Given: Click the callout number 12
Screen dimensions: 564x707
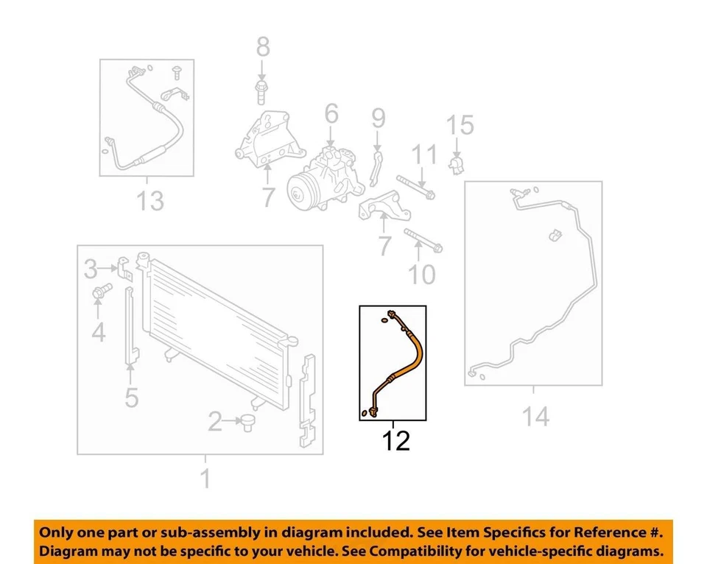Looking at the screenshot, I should (x=395, y=442).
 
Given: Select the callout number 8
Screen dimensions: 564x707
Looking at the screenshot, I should (x=263, y=49).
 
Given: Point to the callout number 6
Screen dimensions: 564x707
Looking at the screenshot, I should (x=331, y=113).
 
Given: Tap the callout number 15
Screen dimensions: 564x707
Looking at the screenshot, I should (x=460, y=125).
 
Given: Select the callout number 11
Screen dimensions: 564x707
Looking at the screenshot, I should (x=423, y=155).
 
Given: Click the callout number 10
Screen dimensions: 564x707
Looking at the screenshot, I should (x=422, y=275).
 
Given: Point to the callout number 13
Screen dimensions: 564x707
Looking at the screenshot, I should (x=150, y=200).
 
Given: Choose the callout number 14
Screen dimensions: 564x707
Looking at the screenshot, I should (x=535, y=417).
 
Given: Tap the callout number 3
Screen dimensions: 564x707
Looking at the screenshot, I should (x=90, y=269).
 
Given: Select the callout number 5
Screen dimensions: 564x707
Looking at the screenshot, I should (x=131, y=398).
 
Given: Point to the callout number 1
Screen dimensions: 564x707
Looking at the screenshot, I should (x=205, y=479).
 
